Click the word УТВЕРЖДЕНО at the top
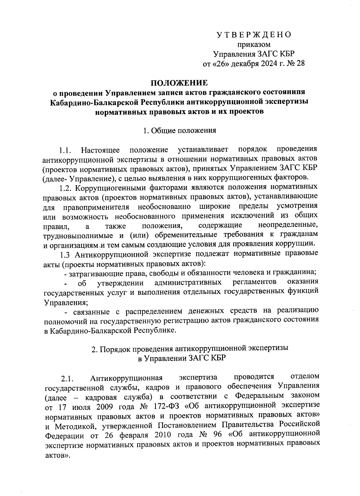[254, 35]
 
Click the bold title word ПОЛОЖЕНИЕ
[179, 83]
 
